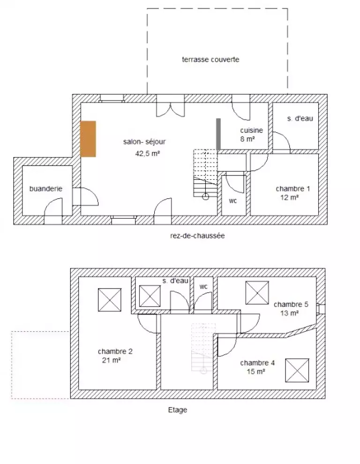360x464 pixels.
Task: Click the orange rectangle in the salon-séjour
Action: point(88,139)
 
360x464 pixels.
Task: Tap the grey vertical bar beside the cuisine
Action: point(218,134)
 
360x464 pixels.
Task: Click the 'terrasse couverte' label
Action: point(210,60)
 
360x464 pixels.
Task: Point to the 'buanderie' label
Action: point(46,189)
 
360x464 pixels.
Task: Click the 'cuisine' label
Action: point(252,130)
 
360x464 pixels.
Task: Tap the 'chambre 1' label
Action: point(293,189)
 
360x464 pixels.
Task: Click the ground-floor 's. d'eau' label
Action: point(300,118)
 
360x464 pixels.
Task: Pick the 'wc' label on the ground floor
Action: point(233,201)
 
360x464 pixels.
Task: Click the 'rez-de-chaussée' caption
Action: point(197,236)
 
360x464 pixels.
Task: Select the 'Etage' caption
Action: point(178,410)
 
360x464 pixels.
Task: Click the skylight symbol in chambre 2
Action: point(110,300)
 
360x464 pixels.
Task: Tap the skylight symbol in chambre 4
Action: point(297,370)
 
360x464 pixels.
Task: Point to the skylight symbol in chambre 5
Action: point(257,293)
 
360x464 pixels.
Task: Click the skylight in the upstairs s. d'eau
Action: point(150,296)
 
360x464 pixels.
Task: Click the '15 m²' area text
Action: point(256,371)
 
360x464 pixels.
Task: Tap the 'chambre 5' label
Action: point(291,304)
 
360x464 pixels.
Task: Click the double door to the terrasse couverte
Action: point(170,106)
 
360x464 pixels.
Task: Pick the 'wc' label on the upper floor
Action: point(203,287)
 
